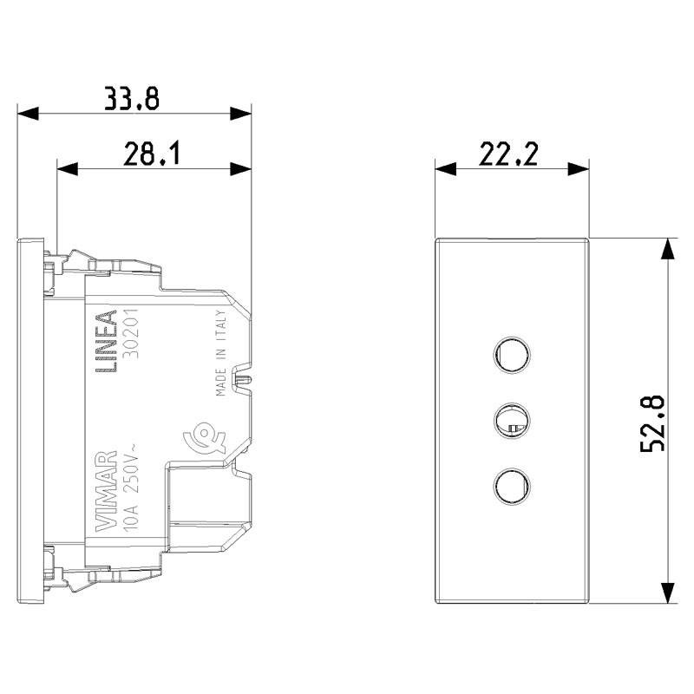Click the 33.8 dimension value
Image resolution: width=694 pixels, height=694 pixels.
point(132,98)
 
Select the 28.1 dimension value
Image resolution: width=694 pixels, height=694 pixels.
point(152,154)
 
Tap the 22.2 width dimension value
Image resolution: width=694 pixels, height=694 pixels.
point(508,154)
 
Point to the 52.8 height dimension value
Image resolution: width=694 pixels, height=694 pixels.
point(652,422)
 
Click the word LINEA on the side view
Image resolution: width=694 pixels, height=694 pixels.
point(107,341)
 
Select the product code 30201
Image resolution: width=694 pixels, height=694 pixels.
point(130,333)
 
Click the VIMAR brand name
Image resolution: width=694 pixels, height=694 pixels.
point(106,491)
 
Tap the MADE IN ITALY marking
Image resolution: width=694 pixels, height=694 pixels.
point(221,353)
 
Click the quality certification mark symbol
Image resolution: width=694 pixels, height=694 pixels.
point(205,436)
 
